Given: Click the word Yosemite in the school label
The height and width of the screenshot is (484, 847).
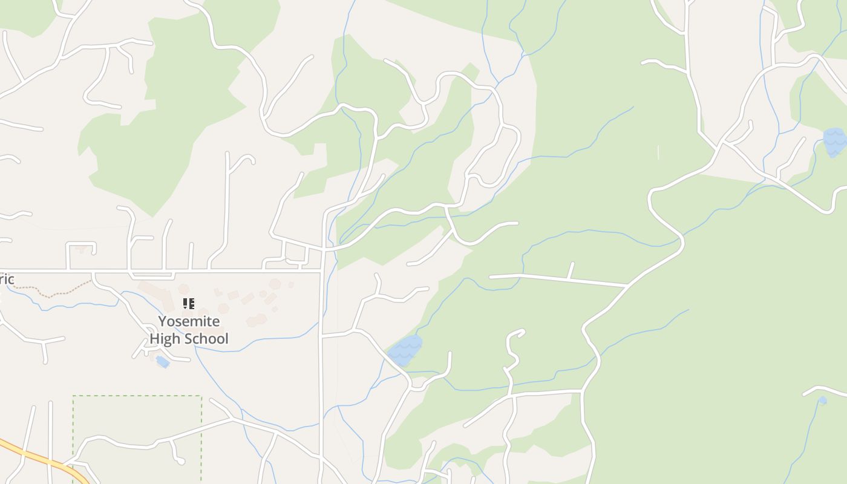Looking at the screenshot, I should tap(189, 321).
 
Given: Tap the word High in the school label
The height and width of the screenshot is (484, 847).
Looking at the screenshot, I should tap(165, 339).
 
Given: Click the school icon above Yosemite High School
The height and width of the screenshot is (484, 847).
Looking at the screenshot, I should tap(188, 303).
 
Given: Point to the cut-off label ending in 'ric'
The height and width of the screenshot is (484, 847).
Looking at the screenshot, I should tap(6, 280).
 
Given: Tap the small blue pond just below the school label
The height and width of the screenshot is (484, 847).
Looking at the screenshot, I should tap(162, 362).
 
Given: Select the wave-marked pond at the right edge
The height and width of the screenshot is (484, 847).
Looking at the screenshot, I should tap(835, 142).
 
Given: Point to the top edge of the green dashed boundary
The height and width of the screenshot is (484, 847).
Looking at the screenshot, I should tap(137, 396).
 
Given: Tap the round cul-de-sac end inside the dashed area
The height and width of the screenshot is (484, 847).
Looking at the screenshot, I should tap(181, 462).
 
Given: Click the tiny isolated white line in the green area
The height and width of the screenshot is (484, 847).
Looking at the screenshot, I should tap(658, 152).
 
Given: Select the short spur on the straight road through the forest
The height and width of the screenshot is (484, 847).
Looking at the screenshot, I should tap(571, 270).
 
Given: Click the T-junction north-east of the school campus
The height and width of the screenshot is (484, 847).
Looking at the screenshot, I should tap(321, 272).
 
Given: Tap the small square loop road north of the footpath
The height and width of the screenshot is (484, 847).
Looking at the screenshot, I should tap(81, 247).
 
